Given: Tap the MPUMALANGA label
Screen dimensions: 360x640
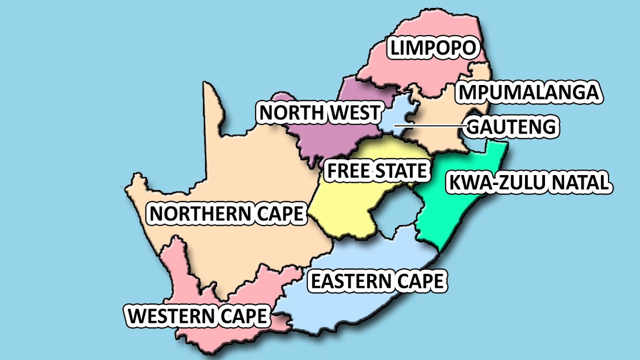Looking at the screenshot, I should [529, 93].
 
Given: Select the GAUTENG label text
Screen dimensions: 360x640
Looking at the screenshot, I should [511, 127].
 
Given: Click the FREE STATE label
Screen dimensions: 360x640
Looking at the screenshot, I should [377, 171].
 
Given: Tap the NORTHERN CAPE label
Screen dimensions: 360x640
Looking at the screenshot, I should [226, 214].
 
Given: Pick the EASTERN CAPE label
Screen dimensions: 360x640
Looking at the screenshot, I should [377, 281].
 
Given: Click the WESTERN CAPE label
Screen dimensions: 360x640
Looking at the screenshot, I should [197, 316].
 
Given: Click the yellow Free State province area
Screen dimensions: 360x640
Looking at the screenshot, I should [350, 205].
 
